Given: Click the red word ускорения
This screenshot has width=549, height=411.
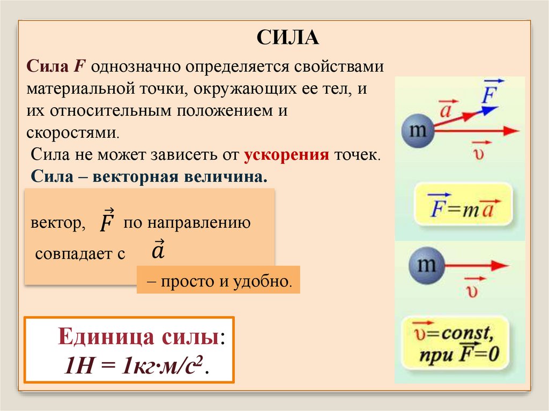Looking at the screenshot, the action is (x=286, y=156).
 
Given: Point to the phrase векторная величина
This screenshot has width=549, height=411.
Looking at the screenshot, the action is (x=180, y=177).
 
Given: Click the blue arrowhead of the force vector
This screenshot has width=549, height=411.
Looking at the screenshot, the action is (x=489, y=110).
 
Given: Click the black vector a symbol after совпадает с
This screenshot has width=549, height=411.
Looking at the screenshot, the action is (x=158, y=250).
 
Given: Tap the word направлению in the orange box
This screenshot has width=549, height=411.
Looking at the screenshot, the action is (x=205, y=223).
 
